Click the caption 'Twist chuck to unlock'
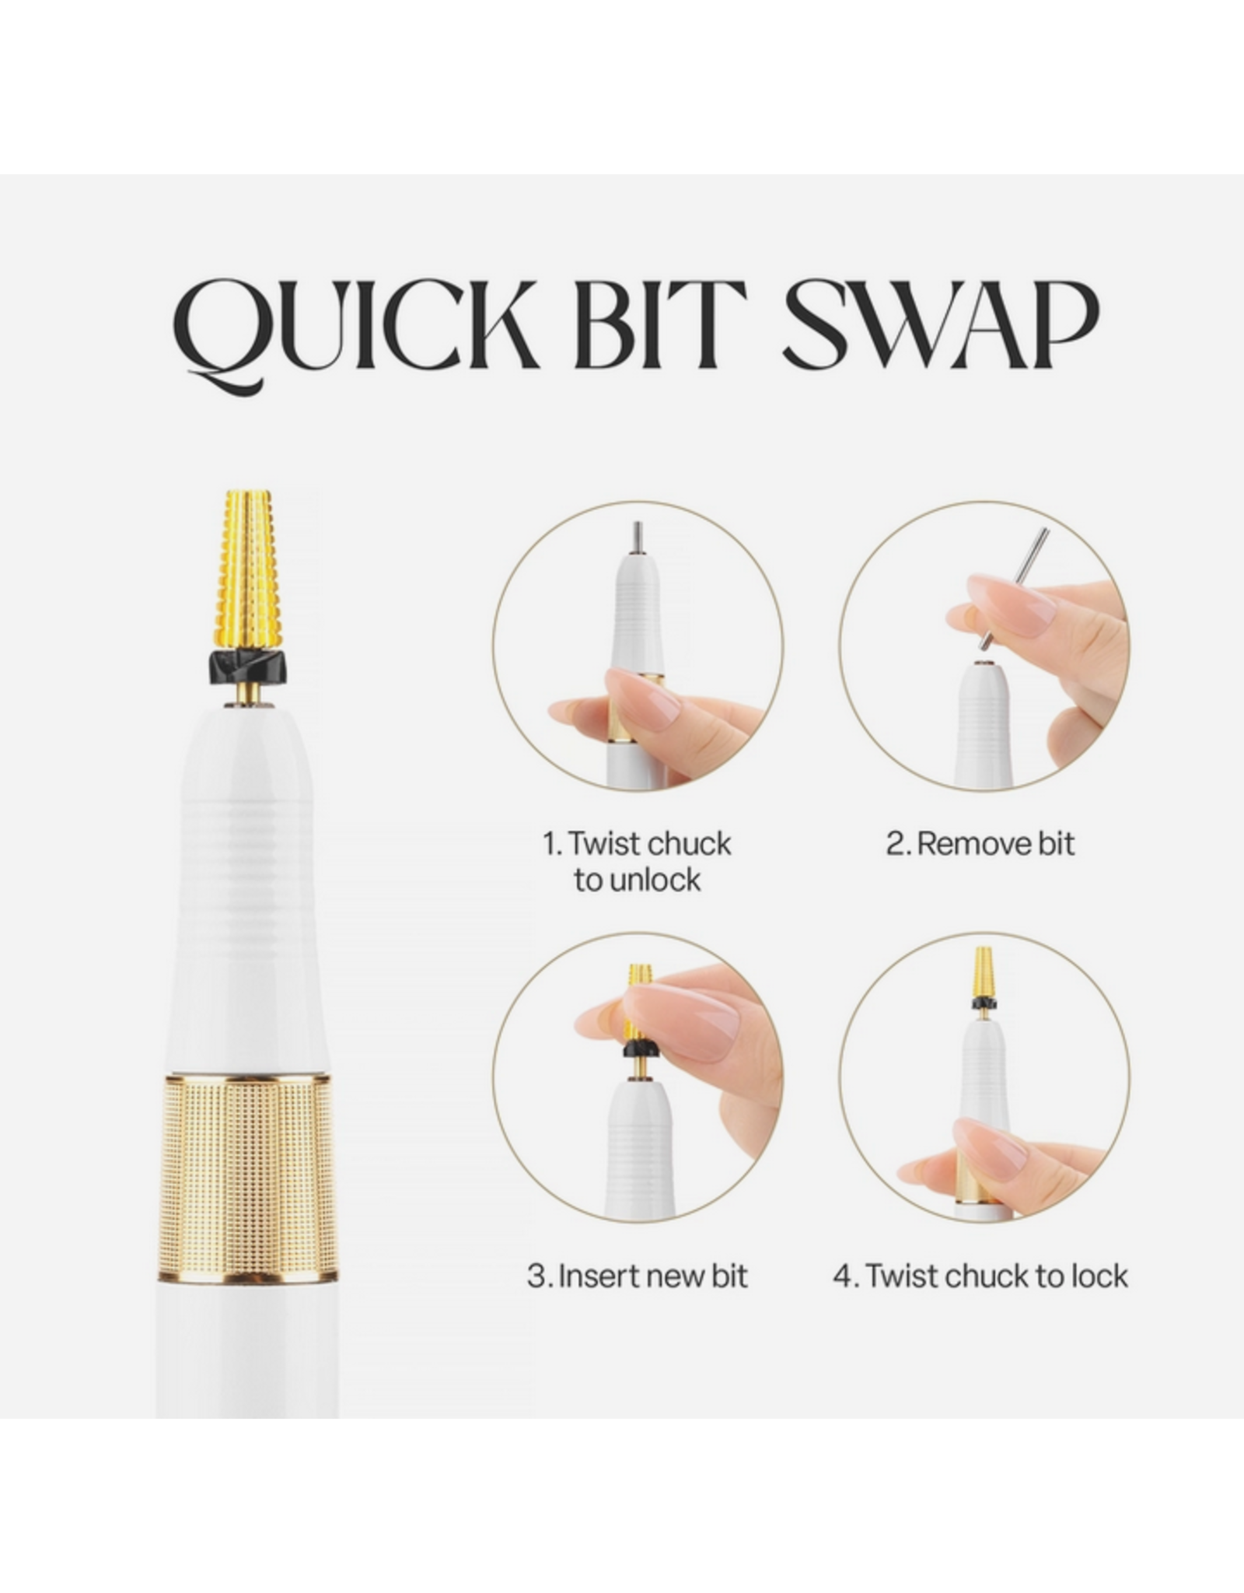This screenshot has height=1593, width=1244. coord(638,862)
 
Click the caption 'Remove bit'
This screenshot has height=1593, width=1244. coord(980,844)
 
